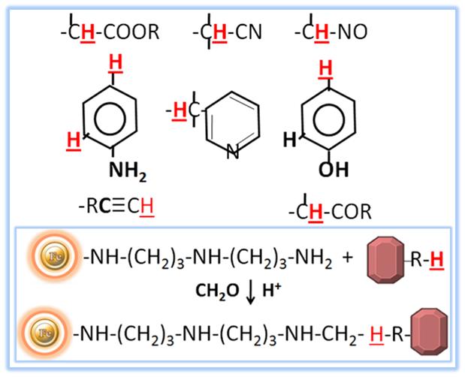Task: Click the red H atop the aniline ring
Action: coord(116,67)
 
